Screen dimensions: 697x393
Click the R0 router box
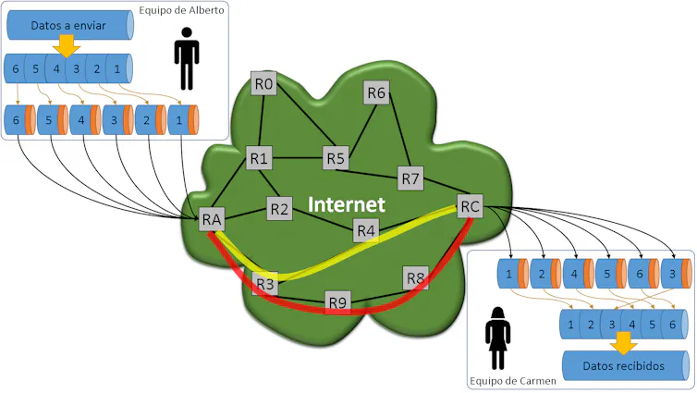[x=263, y=83]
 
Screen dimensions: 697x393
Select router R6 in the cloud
[x=376, y=92]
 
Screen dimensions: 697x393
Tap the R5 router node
[x=336, y=158]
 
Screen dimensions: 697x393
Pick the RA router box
[x=212, y=219]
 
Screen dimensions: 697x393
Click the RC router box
[x=470, y=206]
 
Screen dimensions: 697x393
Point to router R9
[x=337, y=302]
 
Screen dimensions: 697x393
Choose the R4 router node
[x=366, y=230]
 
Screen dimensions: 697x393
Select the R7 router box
[x=410, y=178]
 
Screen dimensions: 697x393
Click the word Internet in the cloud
[x=347, y=204]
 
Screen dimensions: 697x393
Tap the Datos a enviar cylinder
[x=69, y=25]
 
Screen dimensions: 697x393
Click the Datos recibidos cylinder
[x=626, y=365]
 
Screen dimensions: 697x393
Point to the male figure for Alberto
[x=187, y=58]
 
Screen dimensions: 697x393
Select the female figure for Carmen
[x=497, y=338]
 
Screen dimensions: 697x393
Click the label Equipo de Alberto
[x=181, y=10]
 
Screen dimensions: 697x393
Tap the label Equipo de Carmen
[x=512, y=381]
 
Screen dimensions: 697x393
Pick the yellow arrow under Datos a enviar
[x=67, y=46]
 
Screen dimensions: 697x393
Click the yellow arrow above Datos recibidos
[x=623, y=343]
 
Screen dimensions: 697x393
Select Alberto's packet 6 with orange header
[x=20, y=120]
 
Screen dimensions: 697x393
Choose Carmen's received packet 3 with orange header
[x=677, y=274]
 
